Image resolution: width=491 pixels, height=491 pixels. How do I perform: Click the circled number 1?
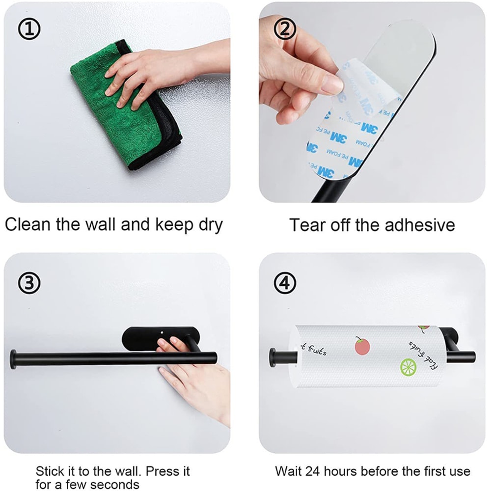29,30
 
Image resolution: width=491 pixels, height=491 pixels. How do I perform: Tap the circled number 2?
284,30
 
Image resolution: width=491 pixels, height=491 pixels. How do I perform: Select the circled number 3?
29,283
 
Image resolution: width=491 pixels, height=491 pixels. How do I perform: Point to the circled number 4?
284,283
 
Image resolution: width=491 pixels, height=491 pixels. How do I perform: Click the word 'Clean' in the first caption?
28,224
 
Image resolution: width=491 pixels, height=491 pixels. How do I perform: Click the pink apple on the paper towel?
362,346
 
